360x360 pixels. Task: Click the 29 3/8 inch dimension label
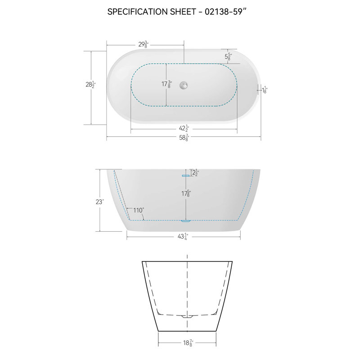pos(144,44)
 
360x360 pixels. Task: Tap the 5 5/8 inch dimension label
pos(228,57)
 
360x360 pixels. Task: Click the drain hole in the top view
pos(183,84)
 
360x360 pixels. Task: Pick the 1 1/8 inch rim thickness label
pos(265,90)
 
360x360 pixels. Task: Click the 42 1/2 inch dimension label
pos(184,129)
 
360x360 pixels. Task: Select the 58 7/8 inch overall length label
pos(184,139)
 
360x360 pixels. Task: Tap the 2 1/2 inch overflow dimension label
pos(195,172)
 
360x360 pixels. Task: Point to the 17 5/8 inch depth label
pos(185,194)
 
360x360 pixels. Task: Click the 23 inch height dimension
pos(99,202)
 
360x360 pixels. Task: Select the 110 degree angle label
pos(138,210)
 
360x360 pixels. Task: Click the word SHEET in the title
pos(180,12)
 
